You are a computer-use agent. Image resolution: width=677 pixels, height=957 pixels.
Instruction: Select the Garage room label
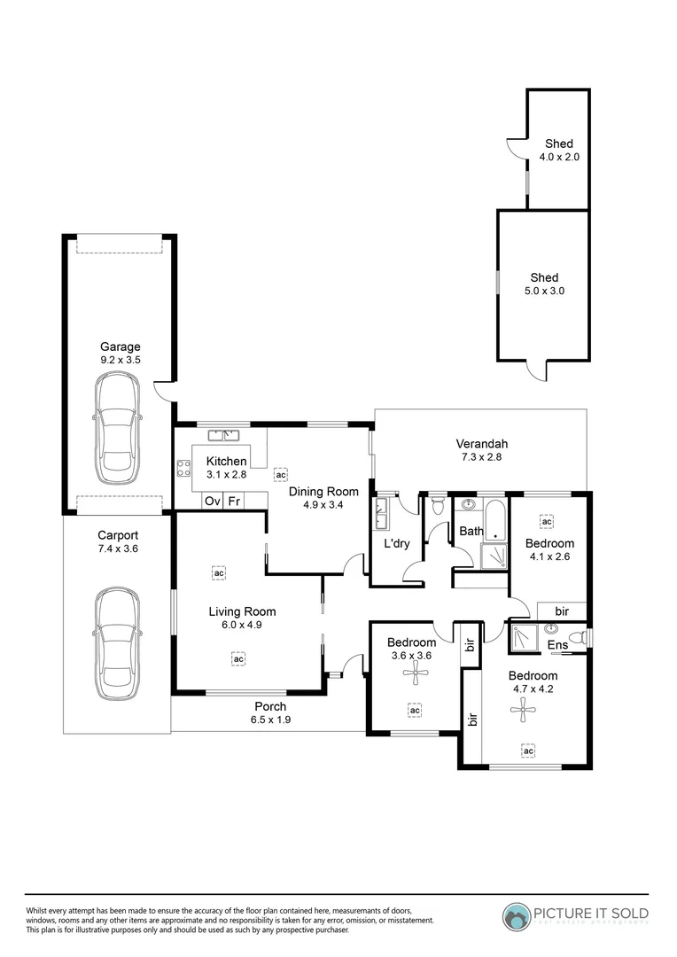[x=120, y=347]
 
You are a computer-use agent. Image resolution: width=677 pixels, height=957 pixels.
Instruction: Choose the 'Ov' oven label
[x=213, y=501]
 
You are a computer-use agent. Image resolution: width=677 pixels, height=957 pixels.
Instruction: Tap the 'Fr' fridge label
[x=235, y=501]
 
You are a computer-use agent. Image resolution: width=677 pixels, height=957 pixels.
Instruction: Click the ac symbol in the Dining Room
[x=281, y=475]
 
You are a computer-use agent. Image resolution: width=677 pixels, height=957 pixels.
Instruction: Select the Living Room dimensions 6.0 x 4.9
[x=242, y=625]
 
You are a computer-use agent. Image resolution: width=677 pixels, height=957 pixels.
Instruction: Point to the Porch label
[x=270, y=706]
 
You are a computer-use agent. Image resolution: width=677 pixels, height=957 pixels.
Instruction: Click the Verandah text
[x=481, y=444]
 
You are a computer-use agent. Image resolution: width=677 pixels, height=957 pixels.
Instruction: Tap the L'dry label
[x=395, y=543]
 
